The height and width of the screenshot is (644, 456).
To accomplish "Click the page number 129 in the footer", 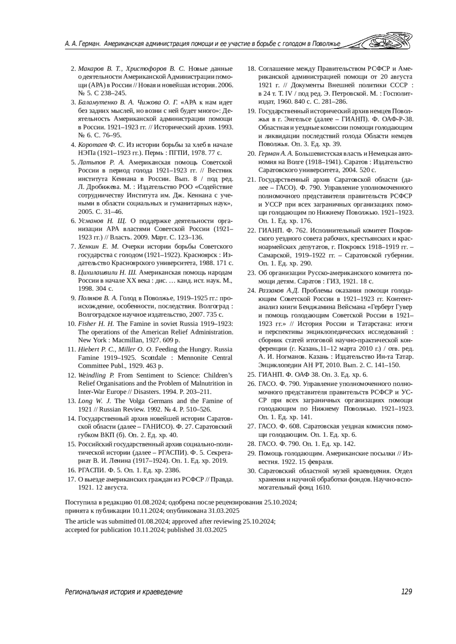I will (406, 592).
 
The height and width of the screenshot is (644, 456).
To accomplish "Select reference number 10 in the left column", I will (71, 324).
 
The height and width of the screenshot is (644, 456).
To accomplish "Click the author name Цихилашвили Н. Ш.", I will (108, 272).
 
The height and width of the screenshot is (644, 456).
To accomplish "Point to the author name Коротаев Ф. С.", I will (101, 145).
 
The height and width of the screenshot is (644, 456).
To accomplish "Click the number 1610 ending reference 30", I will (323, 488).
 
